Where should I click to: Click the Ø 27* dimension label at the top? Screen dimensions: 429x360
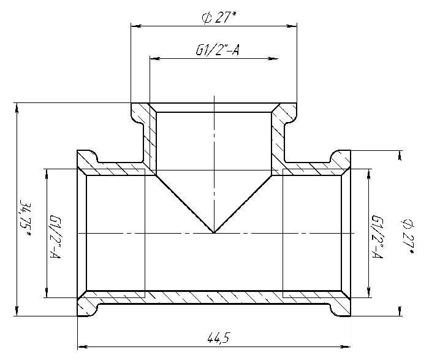click(x=219, y=18)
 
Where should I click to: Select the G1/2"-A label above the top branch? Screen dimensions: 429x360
click(x=217, y=50)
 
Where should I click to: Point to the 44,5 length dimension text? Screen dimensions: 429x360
click(x=218, y=338)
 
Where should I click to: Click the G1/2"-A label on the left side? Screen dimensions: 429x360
click(x=55, y=237)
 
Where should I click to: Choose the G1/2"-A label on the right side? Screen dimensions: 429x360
click(x=377, y=237)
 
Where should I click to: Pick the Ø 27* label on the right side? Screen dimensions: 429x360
click(x=408, y=236)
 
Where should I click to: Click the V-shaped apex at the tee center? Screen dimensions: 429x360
click(x=214, y=232)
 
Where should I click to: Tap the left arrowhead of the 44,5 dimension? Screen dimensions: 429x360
click(x=82, y=347)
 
